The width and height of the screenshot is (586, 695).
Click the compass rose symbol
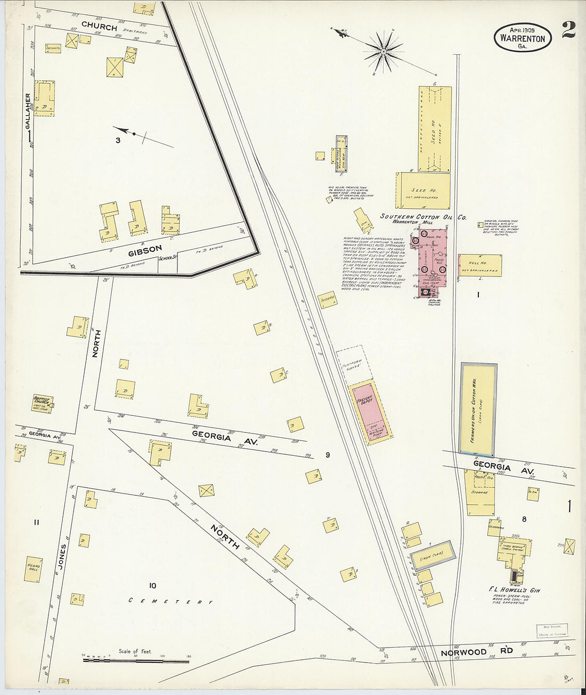[383, 52]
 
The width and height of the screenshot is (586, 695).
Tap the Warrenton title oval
[523, 37]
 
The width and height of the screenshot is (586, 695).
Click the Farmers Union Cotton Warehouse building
[478, 408]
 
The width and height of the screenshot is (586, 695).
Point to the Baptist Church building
[42, 403]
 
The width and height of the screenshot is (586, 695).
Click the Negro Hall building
[33, 569]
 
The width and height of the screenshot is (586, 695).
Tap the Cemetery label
[171, 601]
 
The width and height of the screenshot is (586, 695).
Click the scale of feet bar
[136, 661]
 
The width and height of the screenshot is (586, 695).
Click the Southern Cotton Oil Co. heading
[423, 217]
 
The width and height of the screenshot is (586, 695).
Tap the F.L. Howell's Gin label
[514, 590]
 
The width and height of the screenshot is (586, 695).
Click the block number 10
[152, 586]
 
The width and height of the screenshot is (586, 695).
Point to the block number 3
[118, 141]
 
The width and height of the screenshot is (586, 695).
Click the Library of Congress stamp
[552, 631]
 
